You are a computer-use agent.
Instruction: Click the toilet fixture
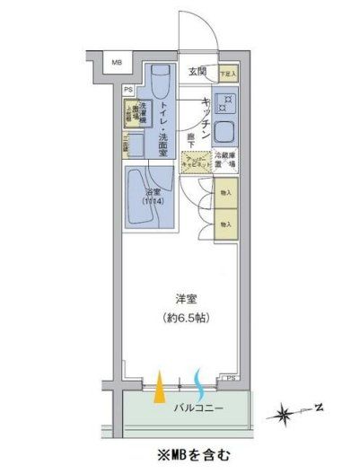[x=160, y=85]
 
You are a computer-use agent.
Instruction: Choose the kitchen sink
[x=227, y=134]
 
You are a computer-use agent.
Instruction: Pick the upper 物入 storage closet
[x=227, y=192]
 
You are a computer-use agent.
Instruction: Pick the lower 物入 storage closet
[x=227, y=224]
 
